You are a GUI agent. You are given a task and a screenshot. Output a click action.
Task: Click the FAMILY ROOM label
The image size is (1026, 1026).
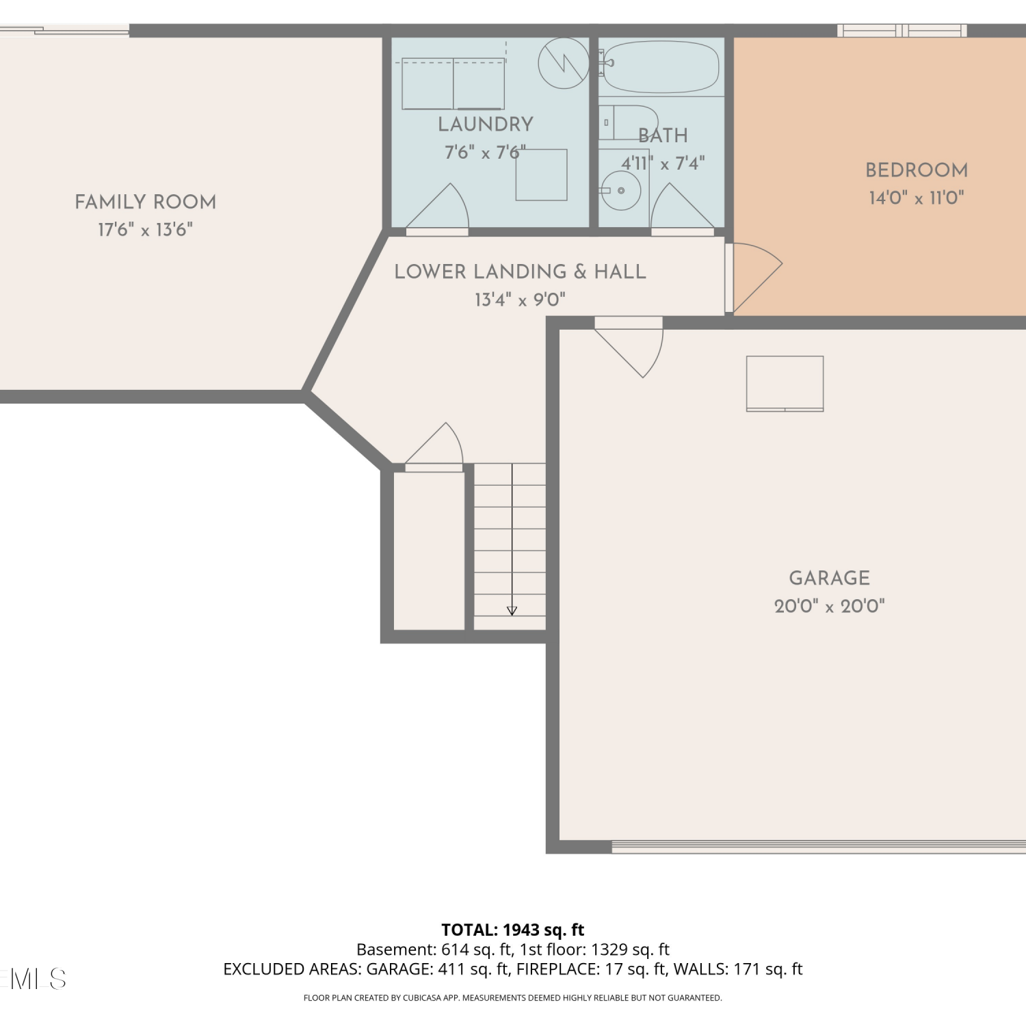click(146, 202)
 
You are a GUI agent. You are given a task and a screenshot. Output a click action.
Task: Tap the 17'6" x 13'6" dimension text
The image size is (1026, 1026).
click(146, 230)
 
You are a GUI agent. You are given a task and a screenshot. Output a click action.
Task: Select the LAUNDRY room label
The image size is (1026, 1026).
click(486, 124)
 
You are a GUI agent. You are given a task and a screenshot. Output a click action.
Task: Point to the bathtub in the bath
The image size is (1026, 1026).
click(661, 67)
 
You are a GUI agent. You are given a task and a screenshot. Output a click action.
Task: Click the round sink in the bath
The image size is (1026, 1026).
click(621, 190)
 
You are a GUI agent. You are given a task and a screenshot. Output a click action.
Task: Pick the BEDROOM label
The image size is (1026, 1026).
click(917, 170)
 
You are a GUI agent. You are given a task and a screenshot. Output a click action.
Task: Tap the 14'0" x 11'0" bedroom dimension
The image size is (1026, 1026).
click(917, 198)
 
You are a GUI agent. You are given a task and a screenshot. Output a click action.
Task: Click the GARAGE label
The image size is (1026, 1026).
click(830, 578)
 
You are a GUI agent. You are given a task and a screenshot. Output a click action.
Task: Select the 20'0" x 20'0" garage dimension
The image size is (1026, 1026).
click(830, 606)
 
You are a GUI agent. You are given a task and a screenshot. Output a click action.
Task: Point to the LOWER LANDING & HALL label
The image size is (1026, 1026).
click(521, 272)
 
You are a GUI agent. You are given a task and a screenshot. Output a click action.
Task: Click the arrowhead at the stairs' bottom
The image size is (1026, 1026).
click(512, 611)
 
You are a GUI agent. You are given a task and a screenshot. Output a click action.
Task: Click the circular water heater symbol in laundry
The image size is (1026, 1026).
click(564, 63)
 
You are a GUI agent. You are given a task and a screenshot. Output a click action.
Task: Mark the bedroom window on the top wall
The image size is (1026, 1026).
click(902, 30)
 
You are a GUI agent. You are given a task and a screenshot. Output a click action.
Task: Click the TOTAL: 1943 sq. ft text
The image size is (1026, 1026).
click(513, 930)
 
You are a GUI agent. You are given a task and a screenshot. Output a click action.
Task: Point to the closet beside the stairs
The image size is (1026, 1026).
click(429, 551)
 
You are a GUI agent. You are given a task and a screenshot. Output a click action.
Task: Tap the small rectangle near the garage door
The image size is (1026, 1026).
click(785, 384)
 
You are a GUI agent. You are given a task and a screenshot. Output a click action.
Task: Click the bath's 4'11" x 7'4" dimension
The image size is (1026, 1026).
click(663, 163)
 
